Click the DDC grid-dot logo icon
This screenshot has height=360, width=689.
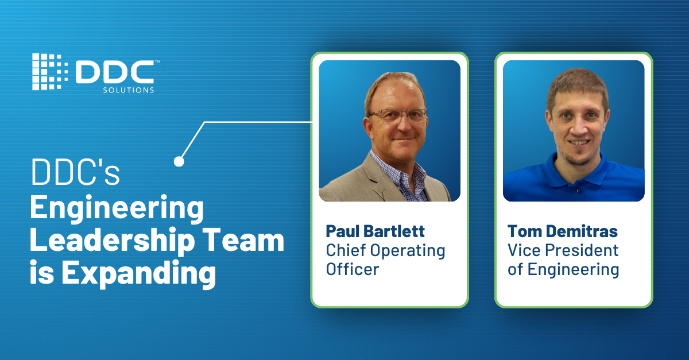click(50, 72)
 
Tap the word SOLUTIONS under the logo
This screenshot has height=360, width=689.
click(129, 90)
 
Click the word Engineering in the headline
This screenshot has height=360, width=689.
click(117, 208)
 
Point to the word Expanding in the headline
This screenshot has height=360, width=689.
click(139, 273)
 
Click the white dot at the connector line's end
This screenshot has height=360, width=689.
click(179, 161)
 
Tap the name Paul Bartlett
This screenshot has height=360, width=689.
click(376, 231)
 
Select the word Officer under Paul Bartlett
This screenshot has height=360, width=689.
click(353, 269)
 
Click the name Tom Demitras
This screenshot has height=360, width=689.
click(563, 231)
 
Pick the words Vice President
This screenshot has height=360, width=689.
click(563, 250)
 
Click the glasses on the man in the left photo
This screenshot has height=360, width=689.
click(398, 115)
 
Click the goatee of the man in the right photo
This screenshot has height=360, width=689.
click(579, 158)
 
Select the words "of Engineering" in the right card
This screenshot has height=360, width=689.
click(563, 269)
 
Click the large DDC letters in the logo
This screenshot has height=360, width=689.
click(115, 72)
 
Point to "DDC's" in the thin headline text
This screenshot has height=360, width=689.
click(75, 172)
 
